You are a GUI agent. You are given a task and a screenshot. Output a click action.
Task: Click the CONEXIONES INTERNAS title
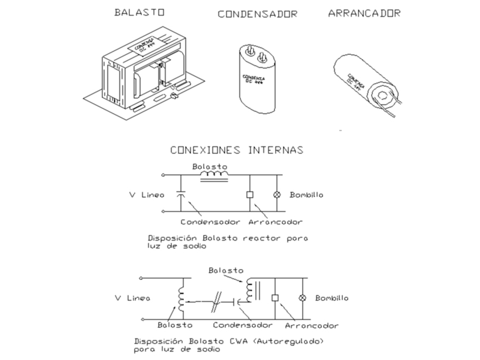[236, 150]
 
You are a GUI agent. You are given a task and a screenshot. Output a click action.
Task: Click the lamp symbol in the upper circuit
[277, 194]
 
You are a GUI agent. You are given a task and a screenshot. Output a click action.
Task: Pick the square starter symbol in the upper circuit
[249, 194]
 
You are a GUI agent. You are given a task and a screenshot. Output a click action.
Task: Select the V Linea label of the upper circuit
[145, 194]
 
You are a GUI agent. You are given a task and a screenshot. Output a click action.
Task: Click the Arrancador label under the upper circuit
[275, 222]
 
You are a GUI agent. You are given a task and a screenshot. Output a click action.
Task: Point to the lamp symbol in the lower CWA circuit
[303, 298]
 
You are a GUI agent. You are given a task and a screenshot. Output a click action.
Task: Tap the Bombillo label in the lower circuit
[332, 298]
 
